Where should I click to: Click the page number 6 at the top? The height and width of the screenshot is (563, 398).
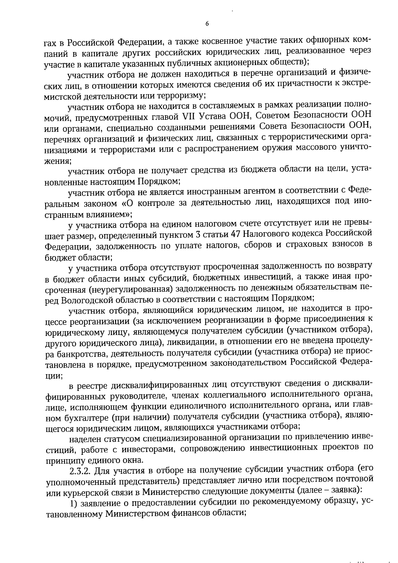click(207, 24)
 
